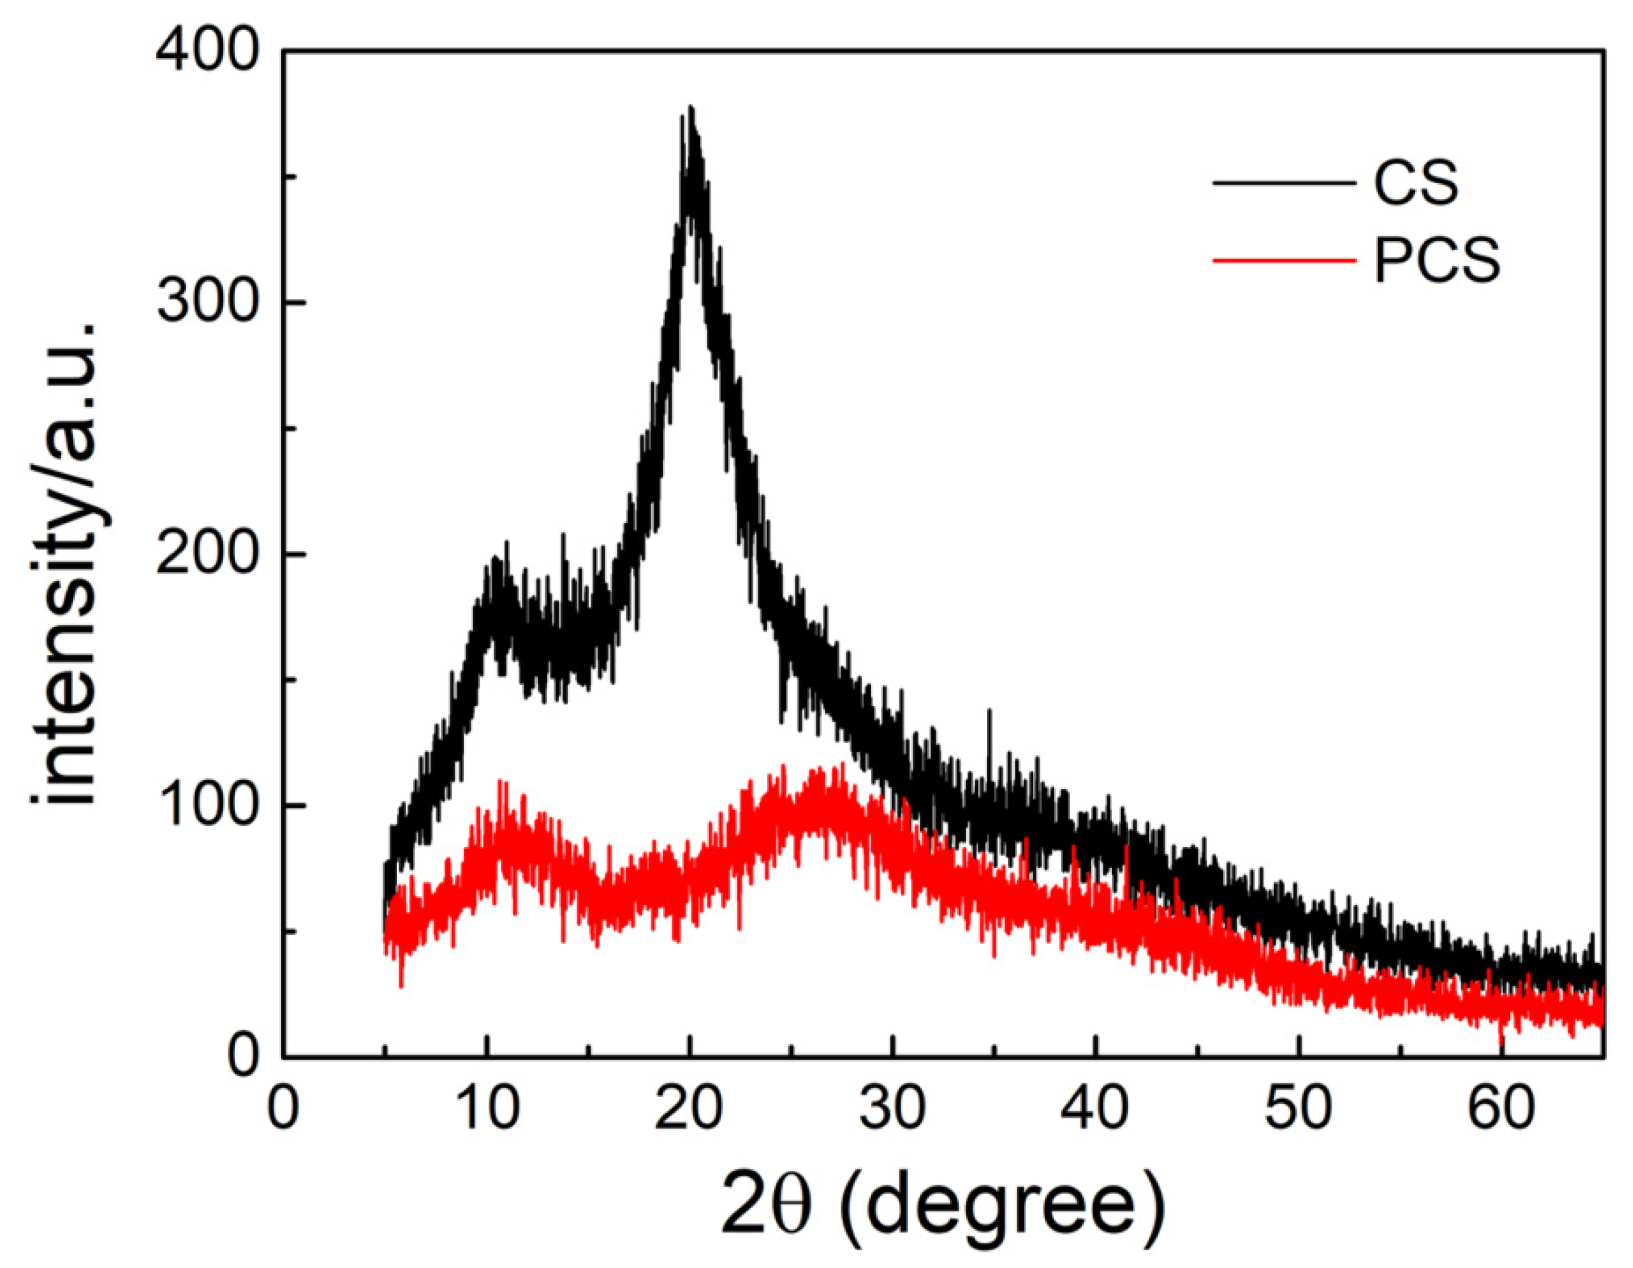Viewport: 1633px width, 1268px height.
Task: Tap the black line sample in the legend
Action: pos(1282,183)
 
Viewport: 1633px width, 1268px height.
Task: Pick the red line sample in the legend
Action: pos(1282,260)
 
